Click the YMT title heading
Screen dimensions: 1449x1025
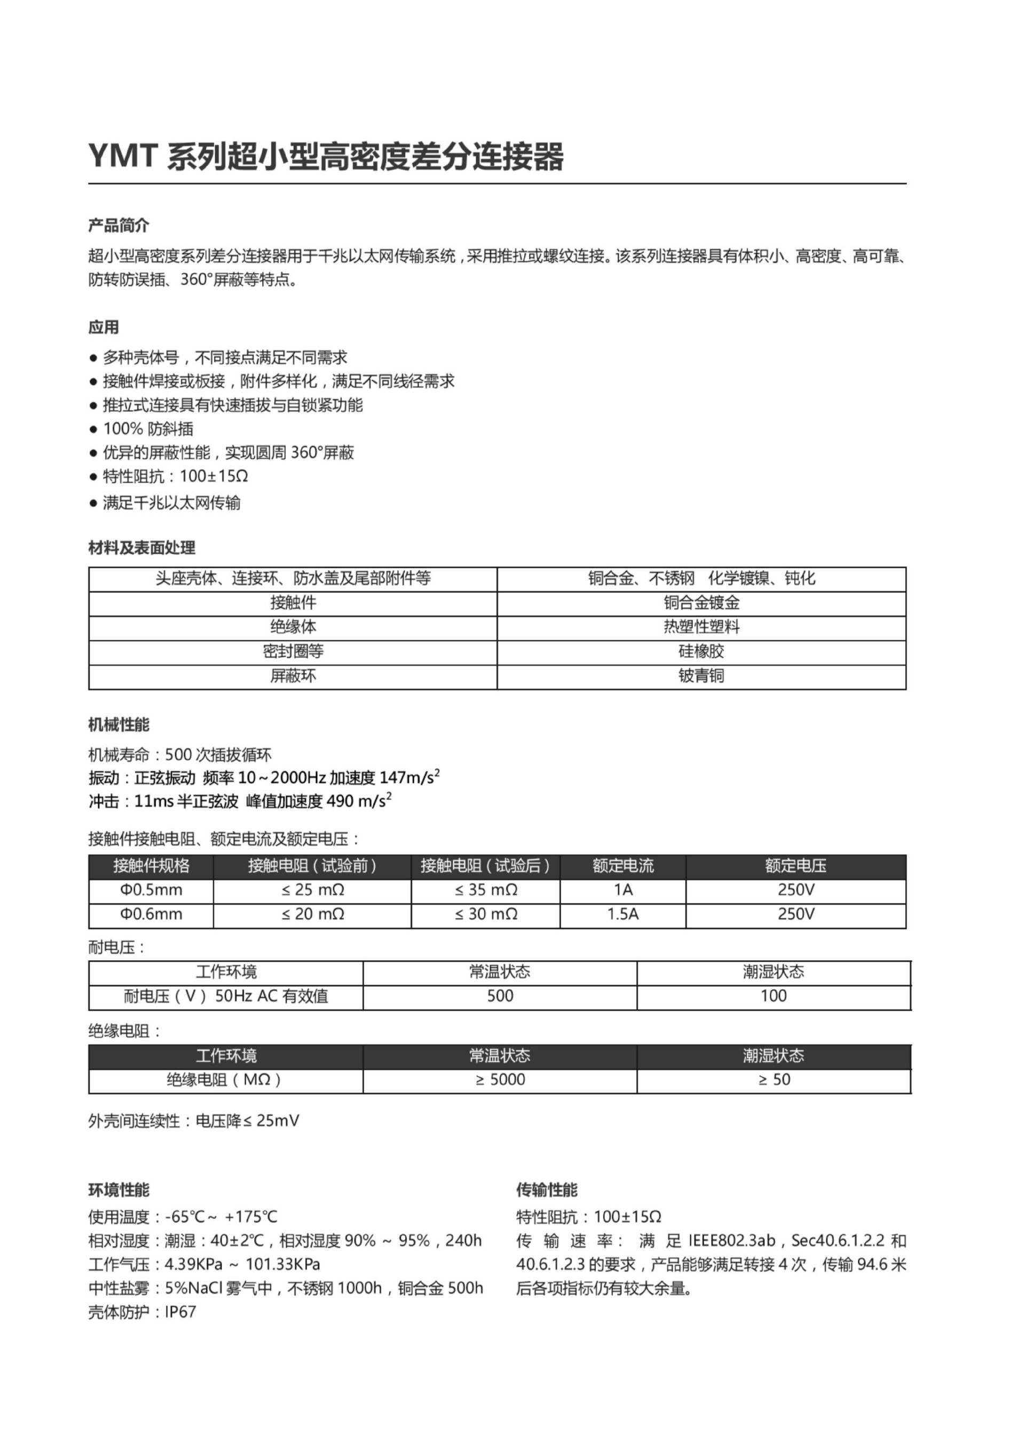326,156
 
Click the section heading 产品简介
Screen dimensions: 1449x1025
119,225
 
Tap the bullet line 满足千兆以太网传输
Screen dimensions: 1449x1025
172,503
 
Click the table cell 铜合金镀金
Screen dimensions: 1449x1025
701,603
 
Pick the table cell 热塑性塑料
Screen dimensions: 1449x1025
701,627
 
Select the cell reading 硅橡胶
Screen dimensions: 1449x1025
701,651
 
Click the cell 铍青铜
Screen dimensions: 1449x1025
701,676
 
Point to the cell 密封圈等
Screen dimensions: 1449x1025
293,651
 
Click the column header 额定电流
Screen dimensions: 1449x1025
623,866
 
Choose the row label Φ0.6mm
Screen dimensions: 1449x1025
152,914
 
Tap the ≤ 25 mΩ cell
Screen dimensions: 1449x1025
312,890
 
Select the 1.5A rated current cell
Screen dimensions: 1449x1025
623,914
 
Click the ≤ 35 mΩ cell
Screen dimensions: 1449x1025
486,890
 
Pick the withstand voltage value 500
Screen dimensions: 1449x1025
500,996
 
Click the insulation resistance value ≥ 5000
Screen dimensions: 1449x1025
500,1079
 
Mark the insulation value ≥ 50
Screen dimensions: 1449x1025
774,1079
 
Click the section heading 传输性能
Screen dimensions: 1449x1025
547,1190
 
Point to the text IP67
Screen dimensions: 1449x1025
180,1312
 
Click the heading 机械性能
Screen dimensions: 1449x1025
119,725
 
